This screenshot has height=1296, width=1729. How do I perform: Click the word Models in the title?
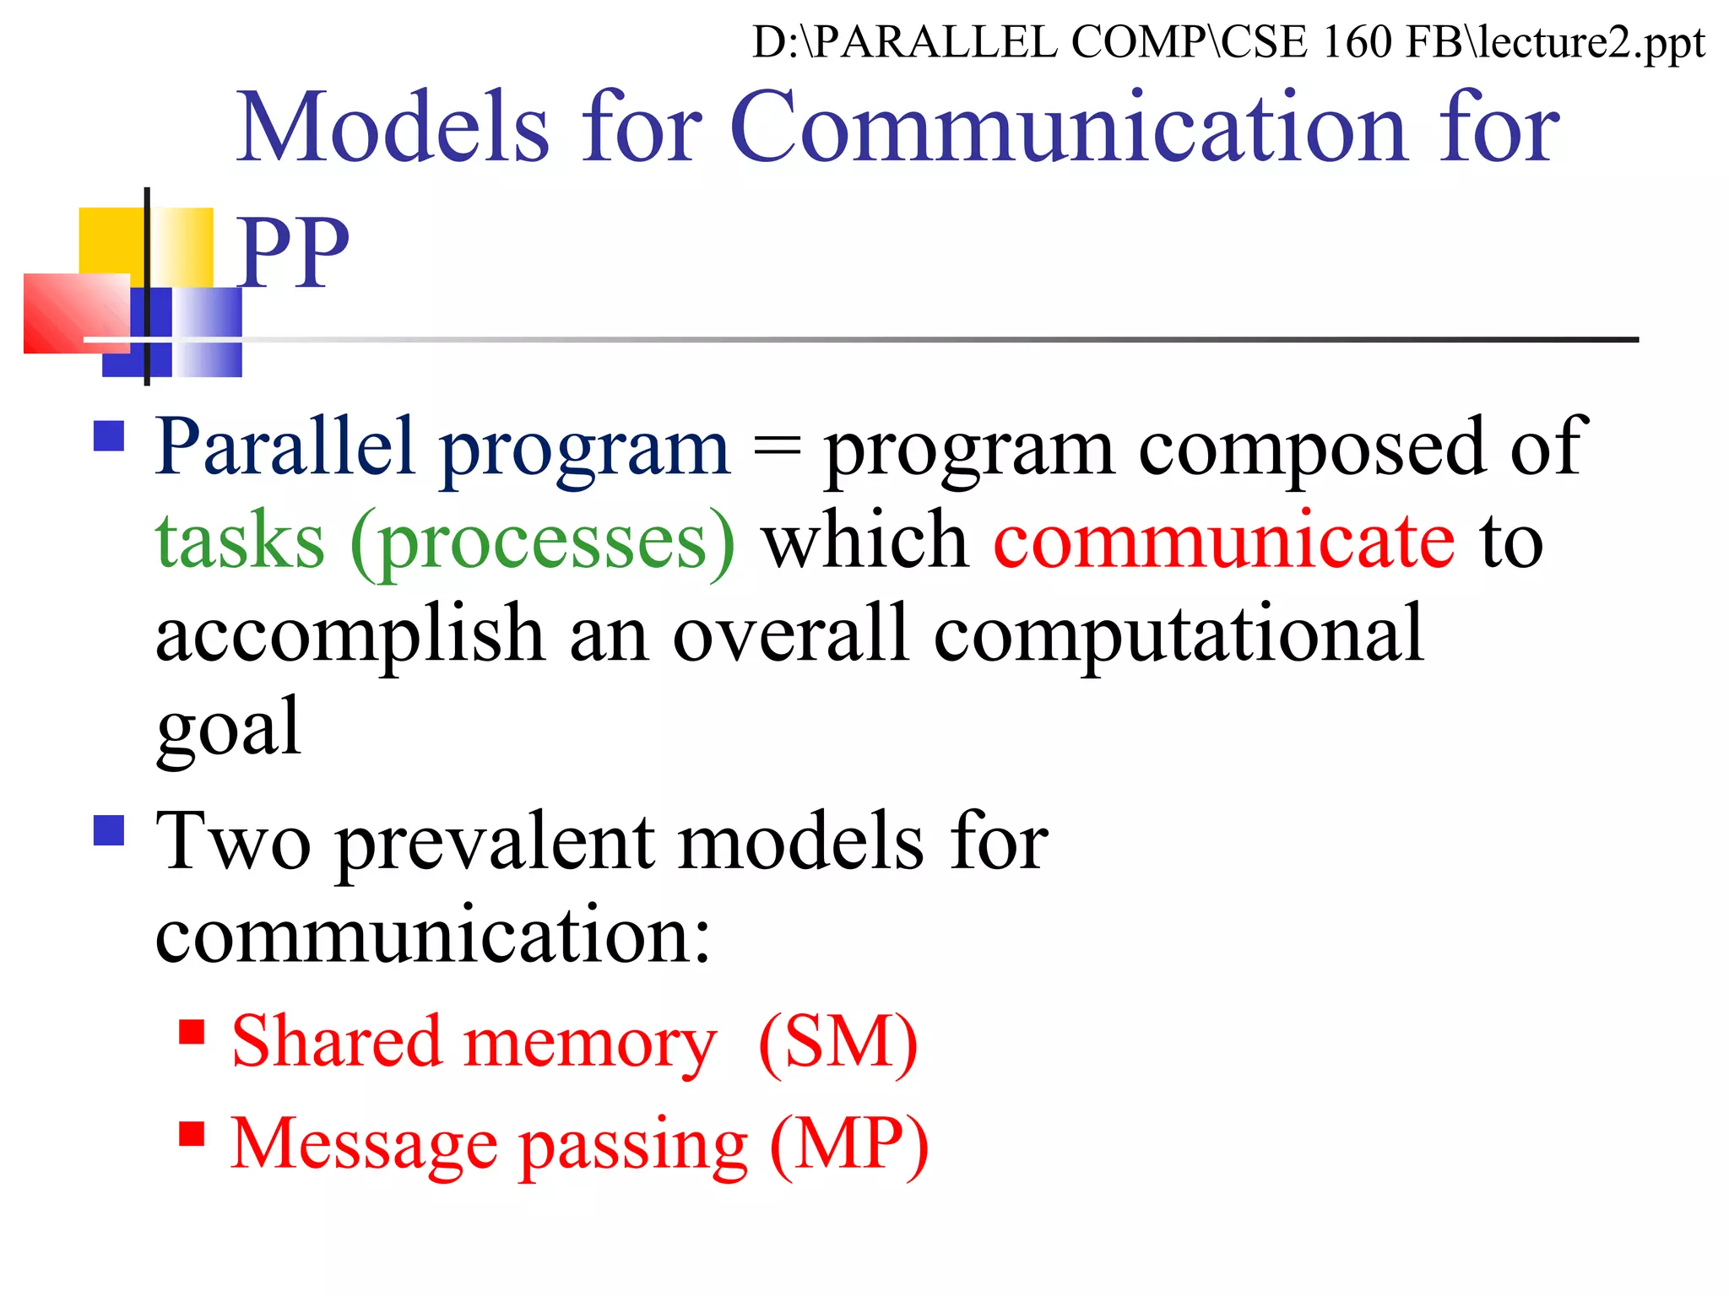coord(393,128)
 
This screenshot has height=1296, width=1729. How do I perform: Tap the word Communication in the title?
coord(1067,128)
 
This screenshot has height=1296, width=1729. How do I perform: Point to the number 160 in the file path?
coord(1356,42)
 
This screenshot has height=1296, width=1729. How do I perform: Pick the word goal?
coord(229,727)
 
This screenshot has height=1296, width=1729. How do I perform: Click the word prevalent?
coord(495,841)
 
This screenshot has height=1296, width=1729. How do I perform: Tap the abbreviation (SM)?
coord(837,1042)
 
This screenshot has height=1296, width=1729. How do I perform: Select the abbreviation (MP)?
coord(848,1144)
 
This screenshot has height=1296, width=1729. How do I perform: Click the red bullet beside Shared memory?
coord(192,1032)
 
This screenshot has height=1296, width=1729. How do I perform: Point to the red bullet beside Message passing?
coord(192,1134)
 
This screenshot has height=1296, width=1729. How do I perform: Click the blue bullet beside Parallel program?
coord(110,436)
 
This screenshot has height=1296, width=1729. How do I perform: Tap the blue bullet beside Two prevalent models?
coord(110,830)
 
